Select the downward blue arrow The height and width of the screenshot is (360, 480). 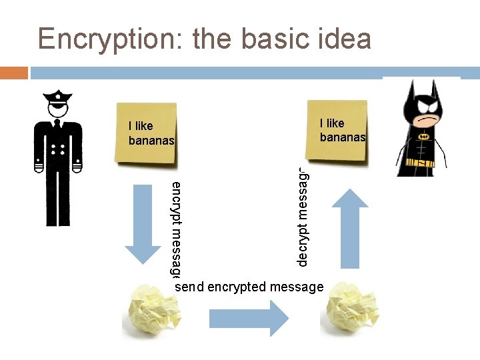143,223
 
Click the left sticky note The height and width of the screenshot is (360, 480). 145,133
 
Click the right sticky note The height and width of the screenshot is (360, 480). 336,131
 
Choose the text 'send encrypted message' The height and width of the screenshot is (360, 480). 249,287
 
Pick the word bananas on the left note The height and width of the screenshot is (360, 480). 151,141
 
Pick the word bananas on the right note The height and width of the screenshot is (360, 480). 343,137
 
